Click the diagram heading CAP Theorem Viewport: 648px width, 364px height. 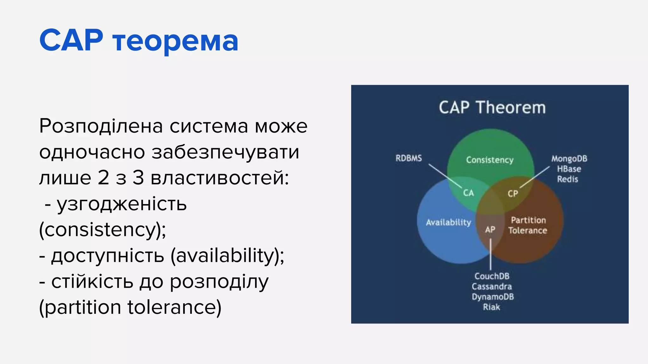click(492, 107)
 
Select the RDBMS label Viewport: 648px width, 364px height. click(408, 158)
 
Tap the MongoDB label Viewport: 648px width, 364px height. click(569, 159)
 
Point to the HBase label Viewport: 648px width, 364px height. click(569, 169)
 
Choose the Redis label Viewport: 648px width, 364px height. click(567, 179)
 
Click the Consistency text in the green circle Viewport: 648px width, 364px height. click(489, 160)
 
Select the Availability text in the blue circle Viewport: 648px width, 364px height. click(448, 222)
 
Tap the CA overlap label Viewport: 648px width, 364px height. click(468, 193)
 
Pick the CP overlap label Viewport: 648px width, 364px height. click(513, 193)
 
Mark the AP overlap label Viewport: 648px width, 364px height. click(490, 230)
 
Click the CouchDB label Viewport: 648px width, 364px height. click(492, 276)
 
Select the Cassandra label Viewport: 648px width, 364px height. click(492, 287)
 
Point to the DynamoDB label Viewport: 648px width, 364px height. click(493, 297)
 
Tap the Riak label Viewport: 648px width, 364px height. click(491, 307)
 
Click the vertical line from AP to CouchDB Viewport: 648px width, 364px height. click(490, 254)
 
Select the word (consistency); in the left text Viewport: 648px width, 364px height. click(102, 230)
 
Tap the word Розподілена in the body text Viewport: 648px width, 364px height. click(101, 126)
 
